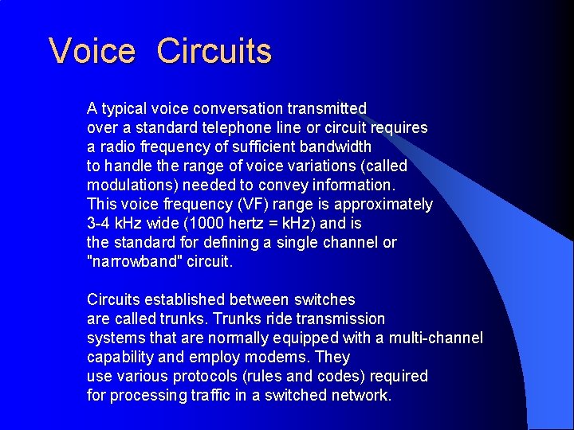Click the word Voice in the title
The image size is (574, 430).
point(92,52)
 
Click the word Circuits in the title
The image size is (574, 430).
point(214,52)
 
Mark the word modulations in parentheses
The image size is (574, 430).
point(132,185)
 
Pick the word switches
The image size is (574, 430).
point(324,299)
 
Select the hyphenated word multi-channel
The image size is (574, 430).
point(434,338)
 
